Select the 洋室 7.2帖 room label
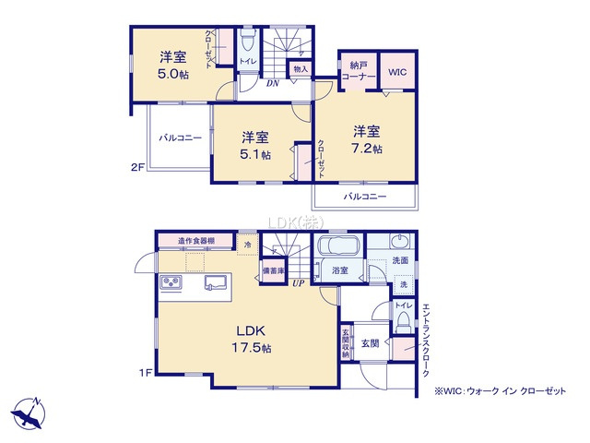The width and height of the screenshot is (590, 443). [x=366, y=138]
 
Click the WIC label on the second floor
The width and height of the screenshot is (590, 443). [x=396, y=72]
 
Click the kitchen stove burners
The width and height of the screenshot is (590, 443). [x=172, y=281]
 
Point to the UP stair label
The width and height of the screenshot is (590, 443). [x=299, y=282]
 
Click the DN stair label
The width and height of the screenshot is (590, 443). [x=273, y=84]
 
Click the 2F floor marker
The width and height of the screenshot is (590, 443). [x=137, y=168]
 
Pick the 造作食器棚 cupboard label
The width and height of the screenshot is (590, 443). [x=197, y=241]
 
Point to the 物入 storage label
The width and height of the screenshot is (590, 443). [x=301, y=68]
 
